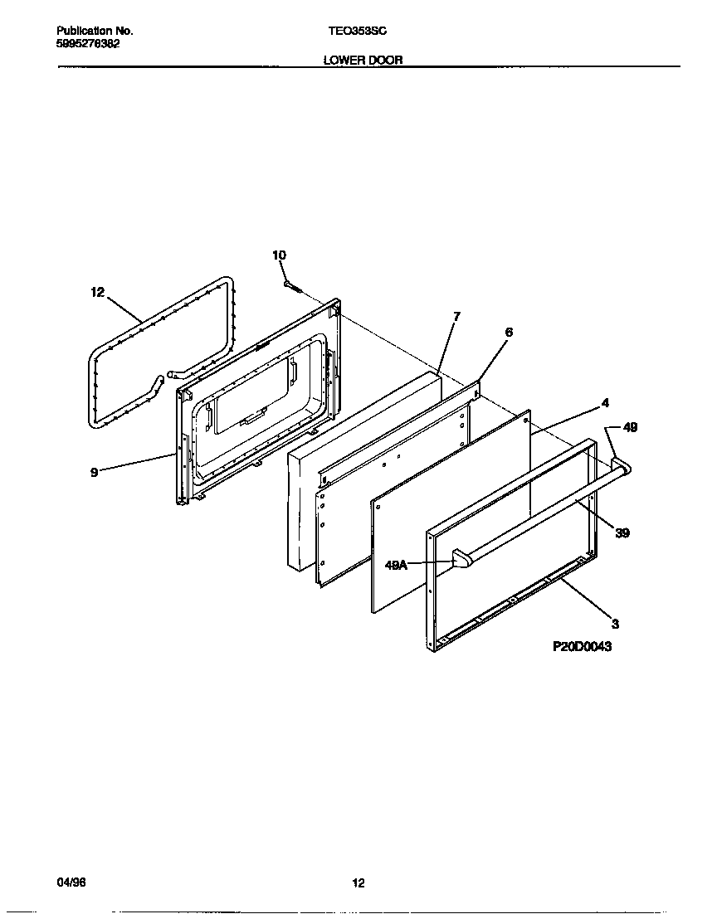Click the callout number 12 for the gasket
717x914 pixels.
[98, 292]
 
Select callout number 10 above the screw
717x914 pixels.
[279, 255]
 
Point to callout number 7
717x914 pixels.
[456, 316]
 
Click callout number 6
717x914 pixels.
[509, 332]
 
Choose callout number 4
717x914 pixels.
[605, 403]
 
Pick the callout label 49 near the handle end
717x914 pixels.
[630, 428]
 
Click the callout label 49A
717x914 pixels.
[398, 565]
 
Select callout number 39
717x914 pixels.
[622, 532]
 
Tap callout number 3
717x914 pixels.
[615, 623]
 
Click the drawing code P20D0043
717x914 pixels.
[582, 646]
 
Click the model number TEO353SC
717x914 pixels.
[358, 31]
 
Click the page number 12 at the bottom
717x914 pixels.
[358, 883]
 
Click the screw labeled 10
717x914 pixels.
[290, 286]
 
